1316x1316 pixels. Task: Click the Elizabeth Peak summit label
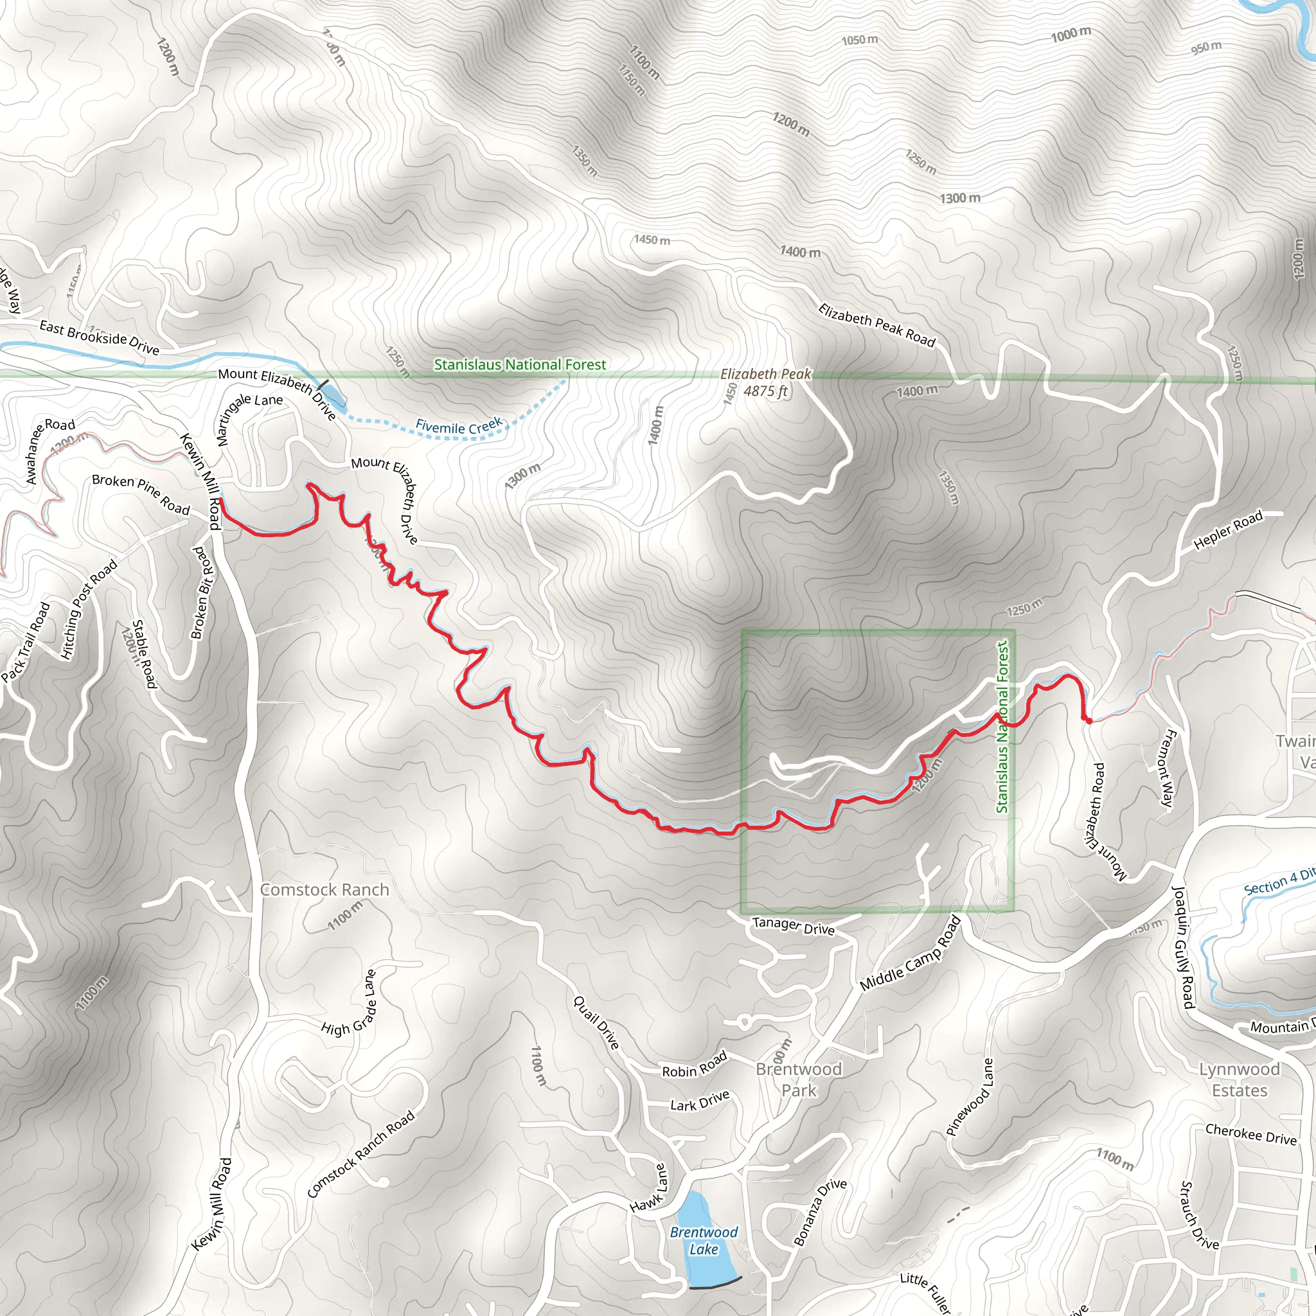pyautogui.click(x=765, y=382)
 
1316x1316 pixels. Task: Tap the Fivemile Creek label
pyautogui.click(x=458, y=427)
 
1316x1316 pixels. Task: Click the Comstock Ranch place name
pyautogui.click(x=325, y=889)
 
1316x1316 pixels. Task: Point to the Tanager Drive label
pyautogui.click(x=793, y=926)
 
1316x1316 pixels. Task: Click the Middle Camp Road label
pyautogui.click(x=910, y=954)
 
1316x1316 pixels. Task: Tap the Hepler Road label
pyautogui.click(x=1228, y=529)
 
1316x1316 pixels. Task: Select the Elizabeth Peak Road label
pyautogui.click(x=876, y=325)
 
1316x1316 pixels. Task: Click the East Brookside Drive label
pyautogui.click(x=100, y=337)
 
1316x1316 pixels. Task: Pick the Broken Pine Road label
pyautogui.click(x=141, y=494)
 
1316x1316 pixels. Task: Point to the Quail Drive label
pyautogui.click(x=596, y=1022)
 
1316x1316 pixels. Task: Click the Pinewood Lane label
pyautogui.click(x=970, y=1097)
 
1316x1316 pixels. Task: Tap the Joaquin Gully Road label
pyautogui.click(x=1183, y=946)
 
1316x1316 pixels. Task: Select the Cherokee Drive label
pyautogui.click(x=1250, y=1134)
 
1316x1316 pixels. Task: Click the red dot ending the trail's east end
pyautogui.click(x=1088, y=720)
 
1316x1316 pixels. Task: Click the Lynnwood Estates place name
pyautogui.click(x=1239, y=1080)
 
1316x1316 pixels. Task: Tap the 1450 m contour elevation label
pyautogui.click(x=651, y=240)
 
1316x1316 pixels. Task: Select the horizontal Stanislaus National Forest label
pyautogui.click(x=520, y=364)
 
